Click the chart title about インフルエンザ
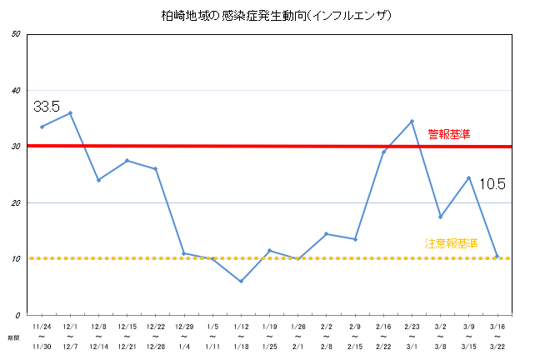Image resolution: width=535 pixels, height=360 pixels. (x=266, y=16)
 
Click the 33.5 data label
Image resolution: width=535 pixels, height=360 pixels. (x=47, y=107)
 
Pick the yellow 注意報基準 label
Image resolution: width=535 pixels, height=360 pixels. (x=451, y=243)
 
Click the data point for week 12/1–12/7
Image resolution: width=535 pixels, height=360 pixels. (x=70, y=112)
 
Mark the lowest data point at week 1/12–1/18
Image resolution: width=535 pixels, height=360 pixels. (x=241, y=282)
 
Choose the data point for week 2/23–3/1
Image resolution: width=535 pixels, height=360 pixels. (x=412, y=121)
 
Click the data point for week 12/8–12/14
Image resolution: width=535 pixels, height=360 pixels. (x=98, y=180)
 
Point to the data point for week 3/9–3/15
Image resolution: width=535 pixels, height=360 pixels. (x=468, y=177)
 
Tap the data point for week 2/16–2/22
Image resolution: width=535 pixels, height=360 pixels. (x=383, y=152)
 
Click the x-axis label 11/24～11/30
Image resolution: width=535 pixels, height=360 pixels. (x=42, y=336)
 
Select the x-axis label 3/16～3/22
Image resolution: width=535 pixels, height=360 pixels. (x=497, y=336)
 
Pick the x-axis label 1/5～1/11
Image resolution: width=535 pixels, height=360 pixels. (x=212, y=336)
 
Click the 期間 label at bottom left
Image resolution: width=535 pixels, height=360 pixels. (x=13, y=337)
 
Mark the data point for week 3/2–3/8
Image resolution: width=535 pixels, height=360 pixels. (x=440, y=217)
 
